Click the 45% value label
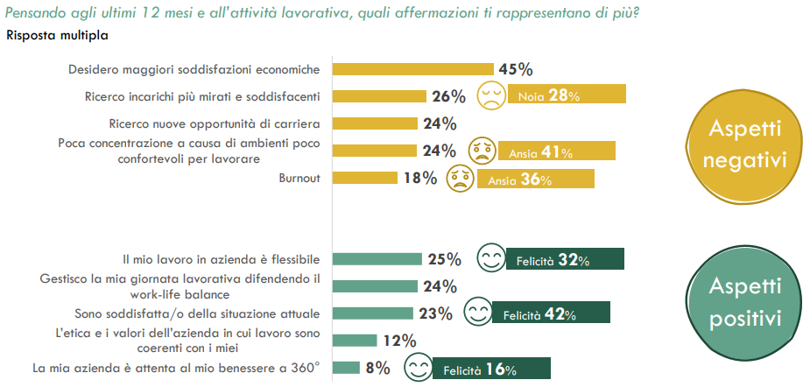[515, 69]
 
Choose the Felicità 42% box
[551, 313]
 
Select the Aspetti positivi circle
[745, 302]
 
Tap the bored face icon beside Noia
[490, 95]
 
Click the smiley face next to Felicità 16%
[417, 369]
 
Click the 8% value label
[377, 369]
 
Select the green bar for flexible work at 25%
[377, 259]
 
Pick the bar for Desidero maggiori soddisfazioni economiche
[413, 69]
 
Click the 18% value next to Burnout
[418, 178]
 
